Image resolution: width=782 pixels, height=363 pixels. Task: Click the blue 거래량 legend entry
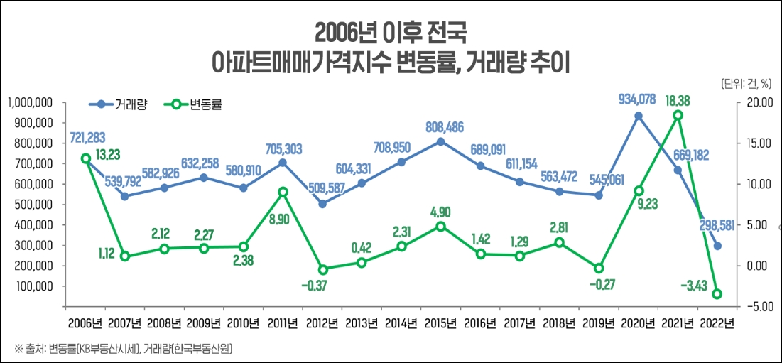[x=119, y=104]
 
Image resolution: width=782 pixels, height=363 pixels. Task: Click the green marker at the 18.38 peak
[x=678, y=115]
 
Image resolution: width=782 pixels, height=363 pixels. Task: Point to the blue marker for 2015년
[x=440, y=141]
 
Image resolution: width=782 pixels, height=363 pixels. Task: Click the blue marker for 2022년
[x=717, y=246]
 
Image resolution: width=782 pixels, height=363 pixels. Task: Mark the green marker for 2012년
[x=322, y=269]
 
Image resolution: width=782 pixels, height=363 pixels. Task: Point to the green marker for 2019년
[x=599, y=268]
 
